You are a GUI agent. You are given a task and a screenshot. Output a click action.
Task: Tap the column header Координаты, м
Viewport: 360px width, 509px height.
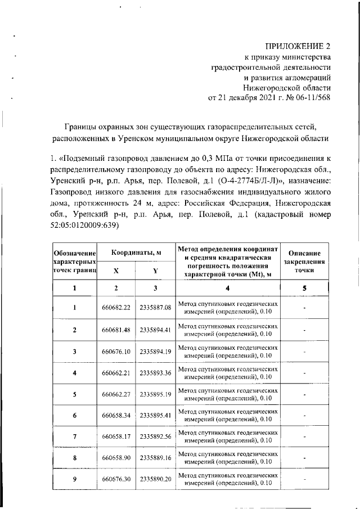pos(135,253)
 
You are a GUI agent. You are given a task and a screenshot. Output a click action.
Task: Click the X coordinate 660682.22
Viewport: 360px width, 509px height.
pos(116,308)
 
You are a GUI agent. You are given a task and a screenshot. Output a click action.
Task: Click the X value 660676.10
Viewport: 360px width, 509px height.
pos(116,352)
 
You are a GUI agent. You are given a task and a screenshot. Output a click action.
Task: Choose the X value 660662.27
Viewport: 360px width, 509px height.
pos(116,394)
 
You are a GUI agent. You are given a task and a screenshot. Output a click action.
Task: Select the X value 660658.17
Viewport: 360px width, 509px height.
pos(116,437)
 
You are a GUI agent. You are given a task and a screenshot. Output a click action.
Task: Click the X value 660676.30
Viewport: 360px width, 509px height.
pos(116,479)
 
